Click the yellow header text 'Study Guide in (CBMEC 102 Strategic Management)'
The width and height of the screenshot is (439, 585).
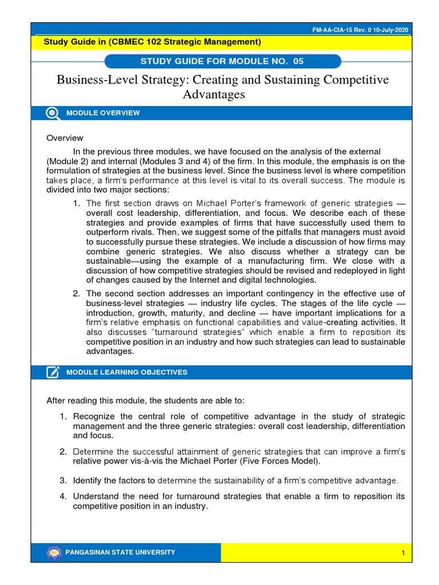point(153,42)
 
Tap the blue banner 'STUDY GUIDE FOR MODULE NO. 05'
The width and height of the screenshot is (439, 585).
point(223,62)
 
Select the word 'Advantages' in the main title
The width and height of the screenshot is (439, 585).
point(214,94)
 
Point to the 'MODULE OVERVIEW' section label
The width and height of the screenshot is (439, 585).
point(103,113)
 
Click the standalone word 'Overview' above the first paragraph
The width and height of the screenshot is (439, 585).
point(65,138)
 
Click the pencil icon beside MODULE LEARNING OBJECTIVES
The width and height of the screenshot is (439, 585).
point(53,372)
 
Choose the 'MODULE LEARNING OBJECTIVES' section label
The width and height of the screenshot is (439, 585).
point(127,372)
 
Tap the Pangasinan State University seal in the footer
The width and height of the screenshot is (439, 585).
point(55,552)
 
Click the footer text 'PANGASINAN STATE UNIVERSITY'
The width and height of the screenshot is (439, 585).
point(121,552)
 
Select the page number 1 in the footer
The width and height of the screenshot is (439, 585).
point(403,553)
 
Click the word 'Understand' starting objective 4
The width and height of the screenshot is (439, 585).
point(95,496)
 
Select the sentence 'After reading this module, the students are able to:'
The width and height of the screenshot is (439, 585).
point(149,399)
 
